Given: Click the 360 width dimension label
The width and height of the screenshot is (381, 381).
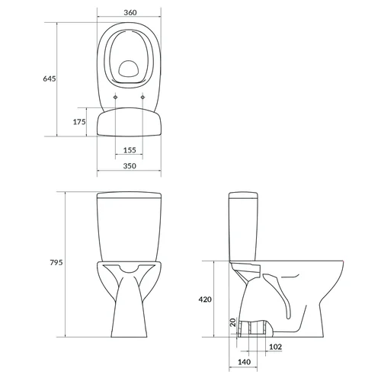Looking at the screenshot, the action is point(130,12).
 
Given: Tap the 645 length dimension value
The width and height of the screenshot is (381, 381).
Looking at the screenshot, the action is point(50,78).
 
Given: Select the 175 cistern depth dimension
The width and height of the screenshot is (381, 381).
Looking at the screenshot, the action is point(79,122).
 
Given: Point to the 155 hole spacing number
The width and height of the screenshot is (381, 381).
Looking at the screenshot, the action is point(130,150).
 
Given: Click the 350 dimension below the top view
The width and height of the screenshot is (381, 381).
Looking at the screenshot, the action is point(130,166).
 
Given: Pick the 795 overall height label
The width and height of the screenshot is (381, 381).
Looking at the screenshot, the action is point(56,262).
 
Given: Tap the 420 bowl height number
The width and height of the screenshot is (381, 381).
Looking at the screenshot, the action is point(205,299).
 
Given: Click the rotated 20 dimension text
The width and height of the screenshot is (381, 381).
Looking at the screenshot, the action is point(233,322).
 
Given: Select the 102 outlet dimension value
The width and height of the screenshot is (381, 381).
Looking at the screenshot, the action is point(275,347).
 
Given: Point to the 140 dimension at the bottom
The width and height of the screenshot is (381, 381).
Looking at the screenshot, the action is point(244,362).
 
